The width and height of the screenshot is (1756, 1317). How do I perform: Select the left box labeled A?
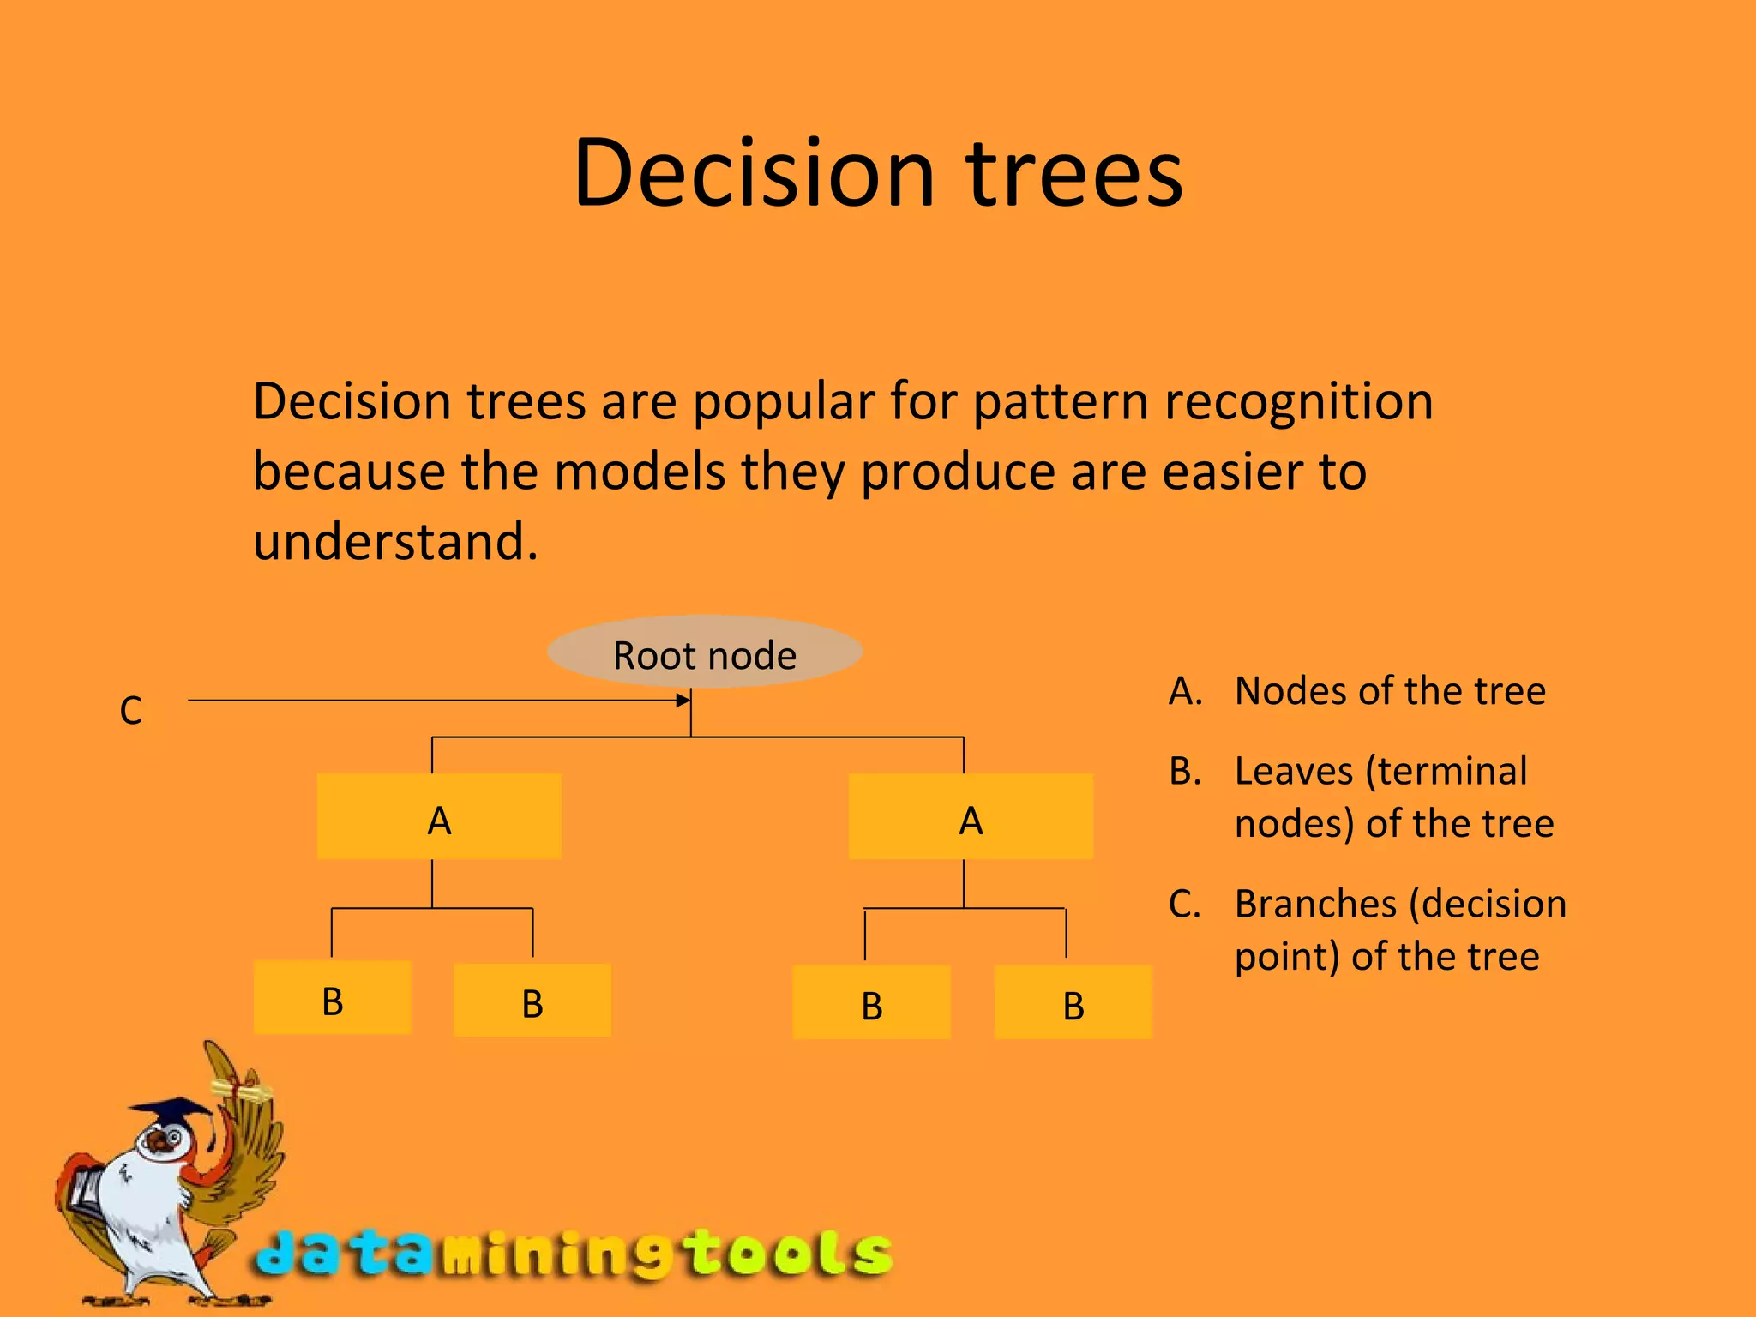[439, 817]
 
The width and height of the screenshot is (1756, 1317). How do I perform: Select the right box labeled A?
[971, 817]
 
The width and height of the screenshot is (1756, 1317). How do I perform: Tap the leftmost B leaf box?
[333, 998]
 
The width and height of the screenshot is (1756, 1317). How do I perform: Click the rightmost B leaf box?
[1073, 1003]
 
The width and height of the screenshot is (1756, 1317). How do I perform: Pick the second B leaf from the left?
[532, 1001]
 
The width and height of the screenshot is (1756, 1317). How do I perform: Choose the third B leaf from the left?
[872, 1003]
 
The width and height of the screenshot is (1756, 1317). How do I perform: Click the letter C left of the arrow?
[131, 710]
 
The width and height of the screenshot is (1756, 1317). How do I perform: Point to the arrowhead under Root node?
[683, 701]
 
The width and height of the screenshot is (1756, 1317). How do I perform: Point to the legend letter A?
[1185, 691]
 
